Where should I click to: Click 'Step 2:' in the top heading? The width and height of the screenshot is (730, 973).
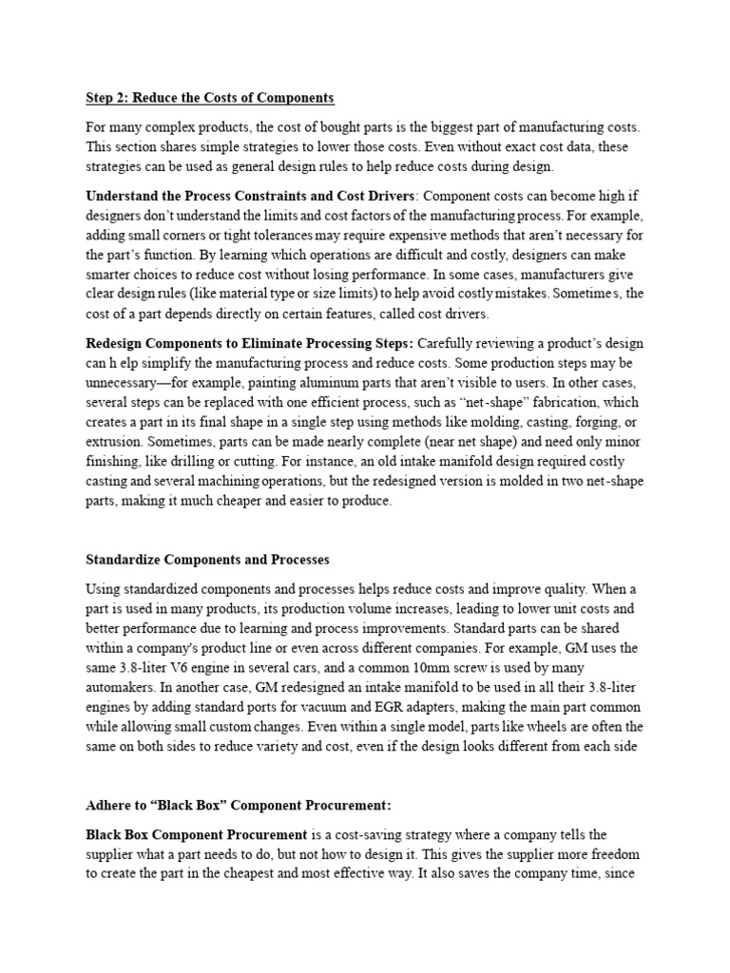pyautogui.click(x=107, y=98)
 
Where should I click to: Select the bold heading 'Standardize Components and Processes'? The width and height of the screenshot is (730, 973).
pyautogui.click(x=207, y=559)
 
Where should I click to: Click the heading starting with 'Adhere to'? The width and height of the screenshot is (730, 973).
pyautogui.click(x=239, y=805)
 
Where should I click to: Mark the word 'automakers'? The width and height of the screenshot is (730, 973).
pyautogui.click(x=122, y=687)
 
